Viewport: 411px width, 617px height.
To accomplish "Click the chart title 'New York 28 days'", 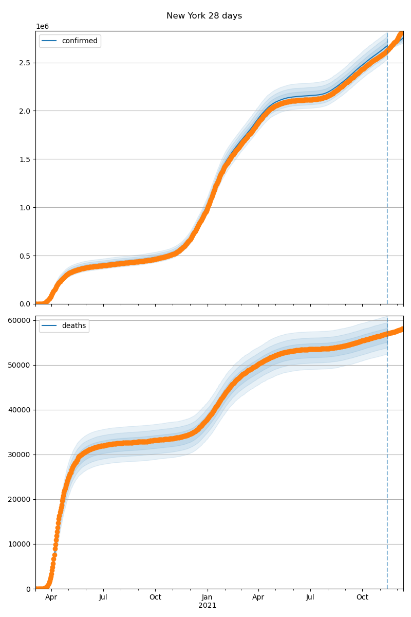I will pos(204,16).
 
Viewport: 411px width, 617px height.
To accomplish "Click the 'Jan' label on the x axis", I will pos(207,597).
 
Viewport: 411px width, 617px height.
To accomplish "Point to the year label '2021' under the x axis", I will pos(207,606).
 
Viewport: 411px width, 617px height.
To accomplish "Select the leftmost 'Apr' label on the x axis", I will pos(51,597).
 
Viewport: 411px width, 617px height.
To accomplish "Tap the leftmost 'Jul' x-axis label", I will pos(103,597).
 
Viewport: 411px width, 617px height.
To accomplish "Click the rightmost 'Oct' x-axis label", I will pos(363,597).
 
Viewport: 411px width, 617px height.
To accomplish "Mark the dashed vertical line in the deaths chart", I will pos(387,463).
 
